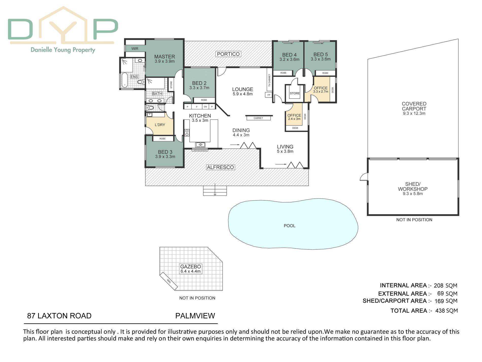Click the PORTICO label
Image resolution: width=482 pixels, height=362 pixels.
(228, 54)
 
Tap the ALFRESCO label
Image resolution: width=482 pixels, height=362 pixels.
(220, 167)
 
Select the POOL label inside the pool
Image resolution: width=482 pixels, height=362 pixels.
(289, 226)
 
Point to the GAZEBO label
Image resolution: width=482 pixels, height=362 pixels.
(191, 266)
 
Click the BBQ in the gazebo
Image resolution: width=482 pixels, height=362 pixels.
(169, 281)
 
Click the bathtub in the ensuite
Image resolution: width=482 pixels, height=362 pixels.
(124, 80)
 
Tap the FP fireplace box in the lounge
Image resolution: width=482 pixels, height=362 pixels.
(269, 95)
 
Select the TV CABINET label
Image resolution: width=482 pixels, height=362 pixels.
(269, 80)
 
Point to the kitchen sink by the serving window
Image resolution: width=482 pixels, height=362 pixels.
(200, 145)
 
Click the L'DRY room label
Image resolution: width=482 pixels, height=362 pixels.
(160, 125)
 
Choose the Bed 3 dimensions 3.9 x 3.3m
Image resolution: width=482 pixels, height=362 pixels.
(165, 157)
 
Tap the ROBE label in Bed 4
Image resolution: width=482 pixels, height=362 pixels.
(283, 73)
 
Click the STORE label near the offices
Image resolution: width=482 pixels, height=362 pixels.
(295, 93)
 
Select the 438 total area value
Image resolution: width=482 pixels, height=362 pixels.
(440, 311)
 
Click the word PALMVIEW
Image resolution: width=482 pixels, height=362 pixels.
(195, 316)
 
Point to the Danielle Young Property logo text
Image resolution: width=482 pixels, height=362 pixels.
(63, 50)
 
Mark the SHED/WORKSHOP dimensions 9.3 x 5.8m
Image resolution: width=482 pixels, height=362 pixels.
(413, 194)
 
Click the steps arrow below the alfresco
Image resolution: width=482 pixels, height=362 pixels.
(215, 189)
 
